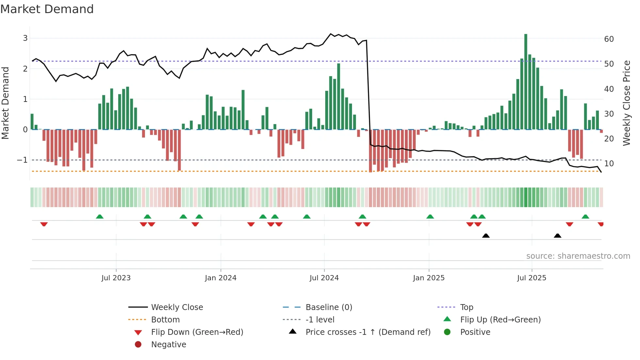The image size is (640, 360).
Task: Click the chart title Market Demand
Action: pos(47,9)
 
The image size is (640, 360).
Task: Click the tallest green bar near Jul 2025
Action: pos(526,82)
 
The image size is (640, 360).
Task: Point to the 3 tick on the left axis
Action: pos(25,38)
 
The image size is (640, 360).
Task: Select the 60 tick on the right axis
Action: pos(609,39)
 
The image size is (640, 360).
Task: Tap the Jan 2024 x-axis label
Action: pos(220,278)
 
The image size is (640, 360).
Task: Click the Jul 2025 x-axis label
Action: pos(532,278)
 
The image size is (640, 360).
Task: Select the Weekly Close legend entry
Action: pos(177,307)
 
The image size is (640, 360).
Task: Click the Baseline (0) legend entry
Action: pos(328,307)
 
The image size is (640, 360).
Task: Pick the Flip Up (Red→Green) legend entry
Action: pos(500,320)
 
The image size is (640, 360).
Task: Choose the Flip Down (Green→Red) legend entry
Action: pos(197,332)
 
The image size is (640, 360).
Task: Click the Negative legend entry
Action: pos(168,345)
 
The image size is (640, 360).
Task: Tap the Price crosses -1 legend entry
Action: pos(368,332)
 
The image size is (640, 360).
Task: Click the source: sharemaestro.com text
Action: pos(578,256)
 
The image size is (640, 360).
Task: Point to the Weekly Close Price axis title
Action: pos(626,103)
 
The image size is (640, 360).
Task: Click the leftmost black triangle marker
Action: pos(486,236)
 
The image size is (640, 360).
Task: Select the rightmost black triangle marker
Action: pos(557,236)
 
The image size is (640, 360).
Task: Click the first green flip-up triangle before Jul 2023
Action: pos(100,217)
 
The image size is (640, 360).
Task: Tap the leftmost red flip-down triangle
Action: pos(44,224)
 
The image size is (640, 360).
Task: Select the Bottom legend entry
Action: pos(165,320)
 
